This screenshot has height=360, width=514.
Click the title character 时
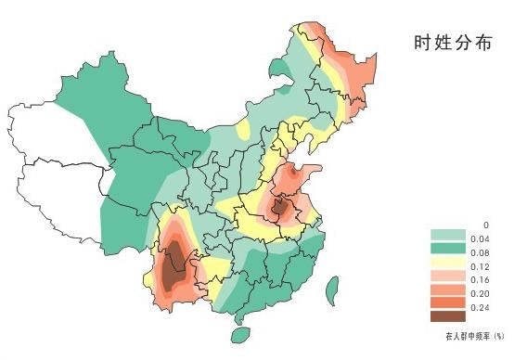[423, 43]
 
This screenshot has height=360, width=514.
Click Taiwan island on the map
[331, 290]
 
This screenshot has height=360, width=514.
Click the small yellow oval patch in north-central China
[244, 132]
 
